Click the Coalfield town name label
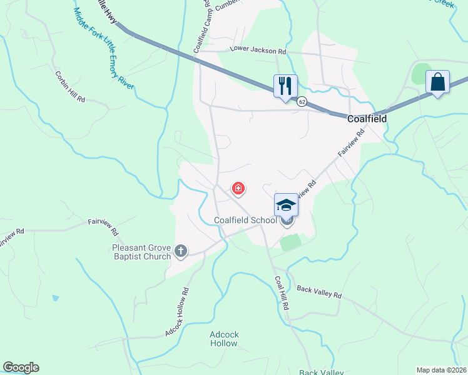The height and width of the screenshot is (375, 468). coord(367,118)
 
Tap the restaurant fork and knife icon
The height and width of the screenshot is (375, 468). coord(285,85)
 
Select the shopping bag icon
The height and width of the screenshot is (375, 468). coord(437,82)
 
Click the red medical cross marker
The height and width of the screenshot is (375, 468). coord(238,187)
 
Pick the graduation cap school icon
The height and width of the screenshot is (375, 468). coord(285,204)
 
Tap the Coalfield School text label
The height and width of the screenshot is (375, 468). coord(245,220)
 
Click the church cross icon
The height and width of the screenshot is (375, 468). coord(181,251)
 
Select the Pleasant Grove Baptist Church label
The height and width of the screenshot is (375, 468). coord(141,252)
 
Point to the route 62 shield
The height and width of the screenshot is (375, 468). coord(302,101)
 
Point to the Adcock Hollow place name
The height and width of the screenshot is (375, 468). coord(224,339)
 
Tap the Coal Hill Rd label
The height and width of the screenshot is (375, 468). coord(282,294)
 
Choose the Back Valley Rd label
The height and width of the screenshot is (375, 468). coord(319,291)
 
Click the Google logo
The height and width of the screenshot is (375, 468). coord(21,367)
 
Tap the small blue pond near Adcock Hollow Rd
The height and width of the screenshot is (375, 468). coord(56,298)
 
